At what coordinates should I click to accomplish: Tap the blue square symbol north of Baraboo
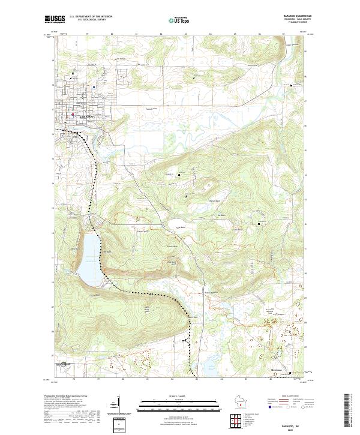coord(73,74)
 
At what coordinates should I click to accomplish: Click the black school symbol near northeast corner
coord(292,86)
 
